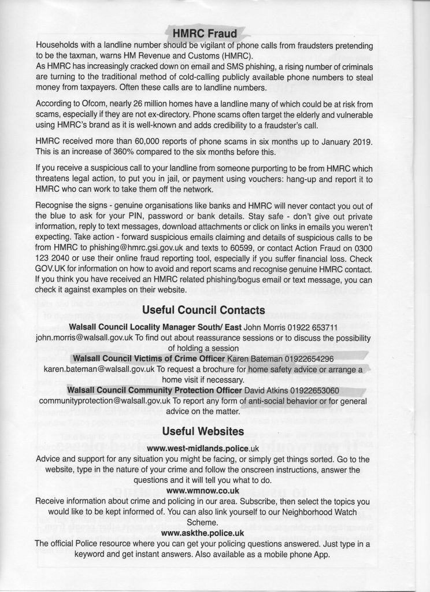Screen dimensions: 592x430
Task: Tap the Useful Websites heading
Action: point(203,431)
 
